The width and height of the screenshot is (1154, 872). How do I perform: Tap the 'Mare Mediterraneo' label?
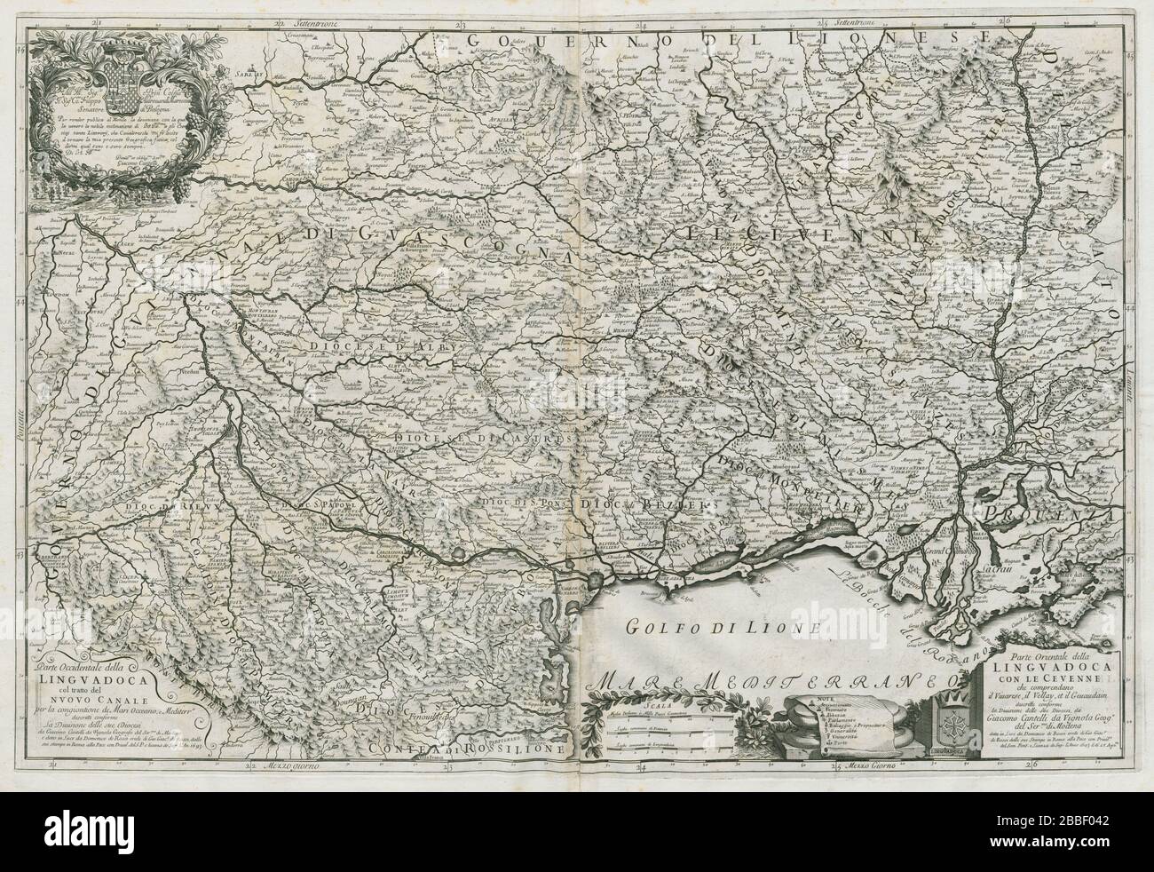coord(770,684)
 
